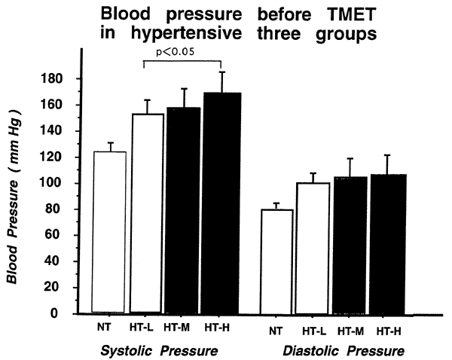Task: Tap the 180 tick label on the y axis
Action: (61, 79)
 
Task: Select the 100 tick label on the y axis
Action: (61, 184)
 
